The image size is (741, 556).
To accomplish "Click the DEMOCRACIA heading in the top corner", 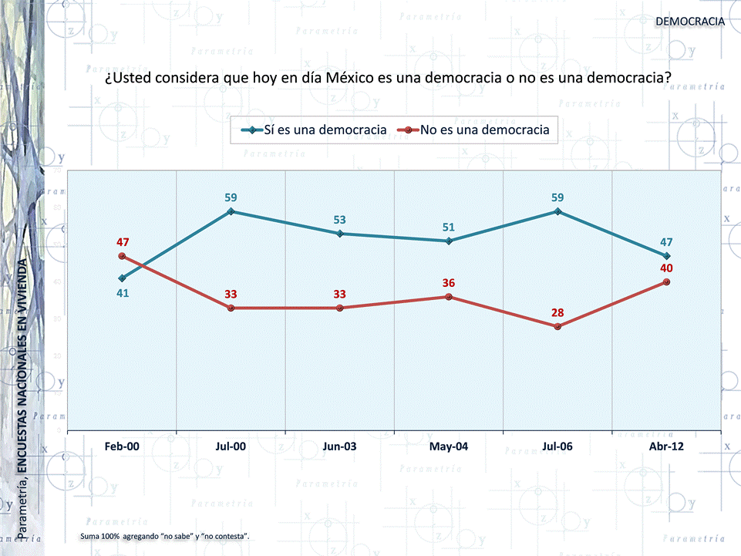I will pos(690,21).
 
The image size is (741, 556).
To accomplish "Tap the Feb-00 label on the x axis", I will pos(122,446).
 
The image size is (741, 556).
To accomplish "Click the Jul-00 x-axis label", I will pos(231,446).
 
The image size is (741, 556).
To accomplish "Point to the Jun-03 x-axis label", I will pos(339,446).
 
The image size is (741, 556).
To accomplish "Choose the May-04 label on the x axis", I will pos(449,446).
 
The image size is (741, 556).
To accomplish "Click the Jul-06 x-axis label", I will pos(557,446).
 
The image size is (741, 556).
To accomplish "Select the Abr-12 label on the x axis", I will pos(666,446).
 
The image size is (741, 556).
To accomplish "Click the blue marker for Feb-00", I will pos(122,278).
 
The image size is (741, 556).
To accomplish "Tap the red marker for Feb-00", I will pos(122,256).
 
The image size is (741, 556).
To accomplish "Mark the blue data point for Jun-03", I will pos(339,234).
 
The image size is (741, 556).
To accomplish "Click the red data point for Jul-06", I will pos(557,326).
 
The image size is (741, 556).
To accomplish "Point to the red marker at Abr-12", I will pos(666,281).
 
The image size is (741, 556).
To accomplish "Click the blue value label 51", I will pos(449,227).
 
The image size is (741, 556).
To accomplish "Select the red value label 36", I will pos(449,283).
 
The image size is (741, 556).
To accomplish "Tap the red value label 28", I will pos(557,312).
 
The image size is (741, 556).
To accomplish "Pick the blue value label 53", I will pos(339,220).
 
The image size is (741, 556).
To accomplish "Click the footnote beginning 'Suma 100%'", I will pos(164,535).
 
